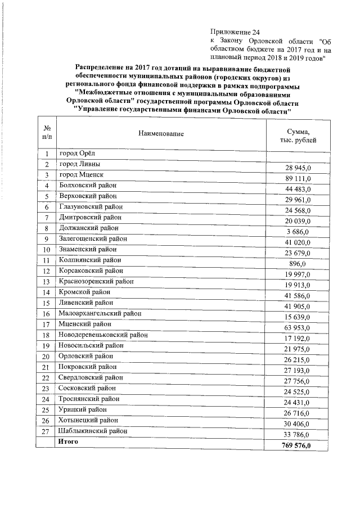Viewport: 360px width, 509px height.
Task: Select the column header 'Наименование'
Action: click(161, 134)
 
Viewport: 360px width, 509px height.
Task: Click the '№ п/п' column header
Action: click(47, 134)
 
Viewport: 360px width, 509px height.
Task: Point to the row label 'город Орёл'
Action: click(80, 154)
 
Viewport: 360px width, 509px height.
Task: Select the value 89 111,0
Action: click(298, 178)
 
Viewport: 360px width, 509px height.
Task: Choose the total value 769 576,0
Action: click(296, 446)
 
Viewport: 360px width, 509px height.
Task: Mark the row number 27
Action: click(47, 432)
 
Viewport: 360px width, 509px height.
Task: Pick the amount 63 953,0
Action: click(298, 328)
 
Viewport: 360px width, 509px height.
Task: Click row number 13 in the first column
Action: click(47, 282)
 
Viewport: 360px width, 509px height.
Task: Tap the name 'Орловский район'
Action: click(86, 356)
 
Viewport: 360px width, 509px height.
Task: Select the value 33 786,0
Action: click(298, 435)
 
